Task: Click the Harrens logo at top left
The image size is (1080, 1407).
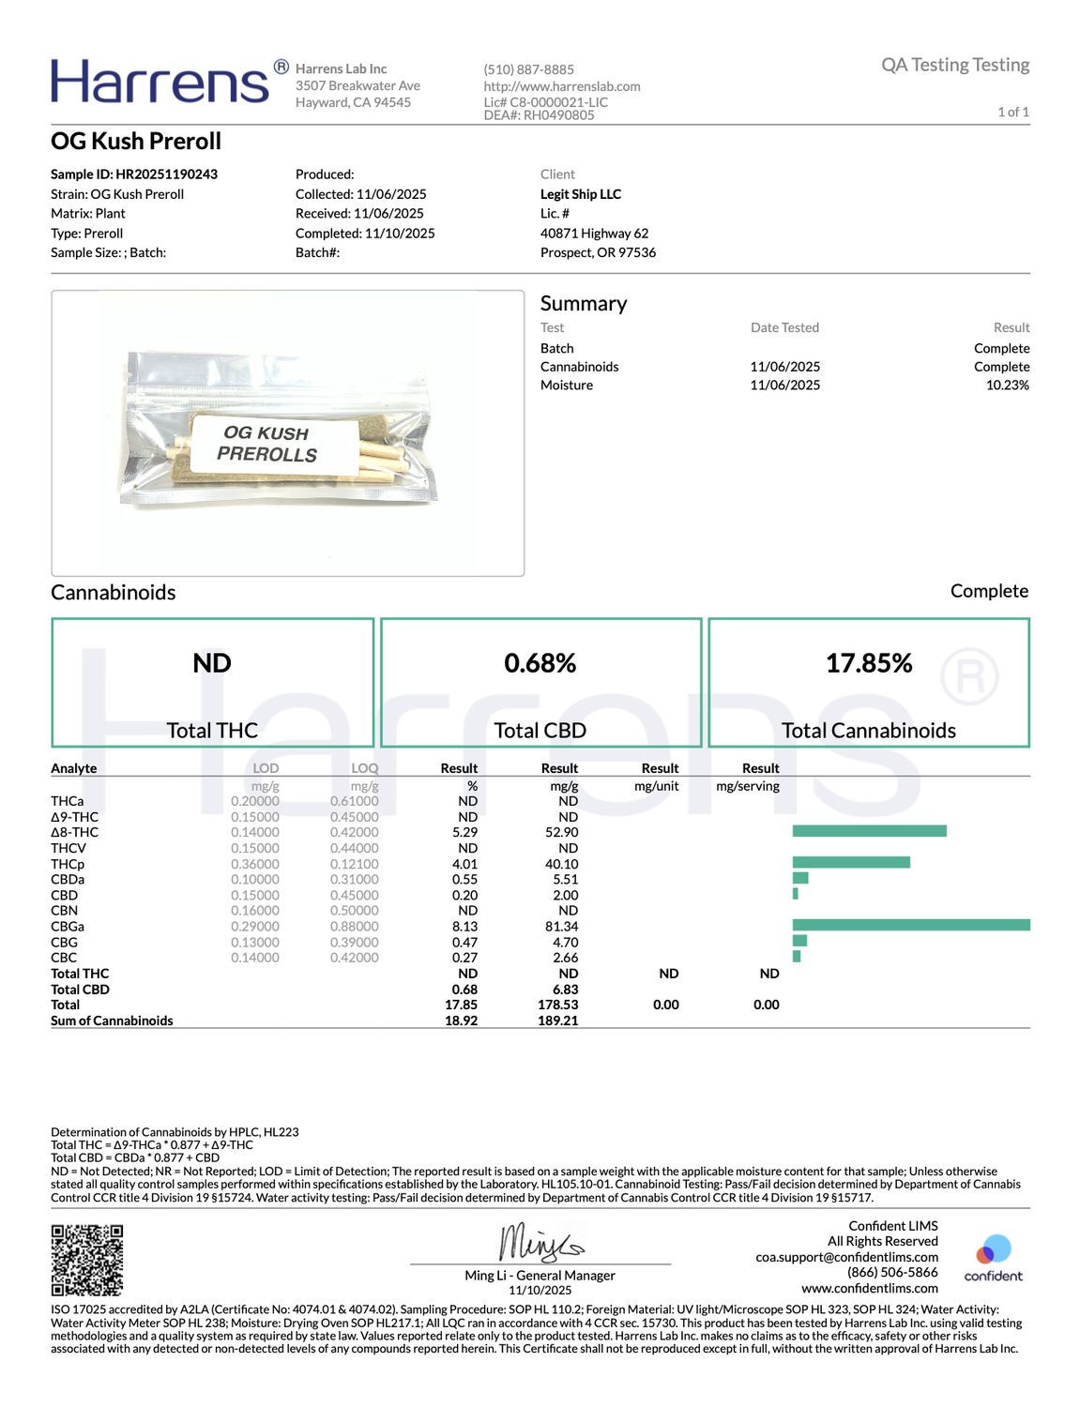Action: coord(160,82)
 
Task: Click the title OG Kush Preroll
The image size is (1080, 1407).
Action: coord(136,142)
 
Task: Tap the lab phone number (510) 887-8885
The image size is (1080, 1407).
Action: coord(528,69)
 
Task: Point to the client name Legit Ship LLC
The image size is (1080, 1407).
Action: coord(581,194)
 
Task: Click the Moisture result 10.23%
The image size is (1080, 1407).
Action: coord(1007,386)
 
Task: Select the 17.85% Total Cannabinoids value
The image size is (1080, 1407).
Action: coord(869,663)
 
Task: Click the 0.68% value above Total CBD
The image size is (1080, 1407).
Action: coord(540,663)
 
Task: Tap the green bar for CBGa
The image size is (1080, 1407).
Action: coord(910,926)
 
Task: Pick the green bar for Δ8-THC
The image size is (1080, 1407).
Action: coord(869,831)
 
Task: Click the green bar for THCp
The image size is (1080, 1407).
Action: coord(851,862)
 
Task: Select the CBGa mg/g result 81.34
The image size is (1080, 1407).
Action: coord(561,927)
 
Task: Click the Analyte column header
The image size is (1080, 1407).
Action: coord(74,768)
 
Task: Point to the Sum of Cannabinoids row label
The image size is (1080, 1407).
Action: coord(112,1021)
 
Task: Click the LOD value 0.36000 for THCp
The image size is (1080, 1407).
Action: coord(255,864)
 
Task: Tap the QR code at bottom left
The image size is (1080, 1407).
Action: coord(87,1260)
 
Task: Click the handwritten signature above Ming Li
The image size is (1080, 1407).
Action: coord(540,1243)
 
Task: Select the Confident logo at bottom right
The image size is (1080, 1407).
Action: coord(993,1258)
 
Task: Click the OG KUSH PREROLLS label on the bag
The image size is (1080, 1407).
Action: coord(267,444)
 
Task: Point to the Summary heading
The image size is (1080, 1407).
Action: coord(584,304)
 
